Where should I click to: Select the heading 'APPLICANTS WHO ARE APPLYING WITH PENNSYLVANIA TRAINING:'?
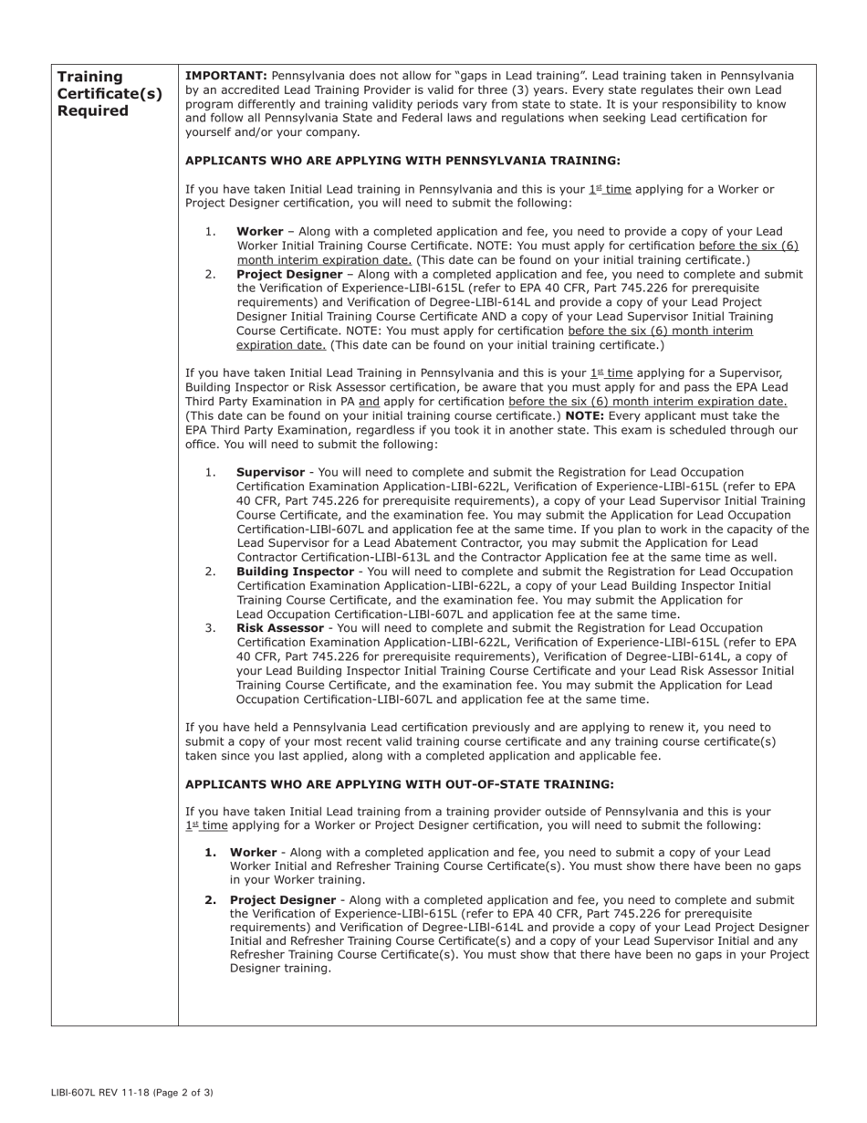click(x=402, y=161)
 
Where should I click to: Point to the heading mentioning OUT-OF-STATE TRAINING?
click(x=399, y=784)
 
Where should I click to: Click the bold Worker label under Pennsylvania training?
click(x=259, y=232)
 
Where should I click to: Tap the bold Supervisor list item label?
click(x=270, y=473)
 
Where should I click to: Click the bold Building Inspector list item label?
click(x=294, y=572)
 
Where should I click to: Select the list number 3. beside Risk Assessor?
click(x=210, y=628)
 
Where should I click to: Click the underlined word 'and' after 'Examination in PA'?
click(x=369, y=402)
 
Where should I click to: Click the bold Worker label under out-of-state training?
click(x=253, y=852)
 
